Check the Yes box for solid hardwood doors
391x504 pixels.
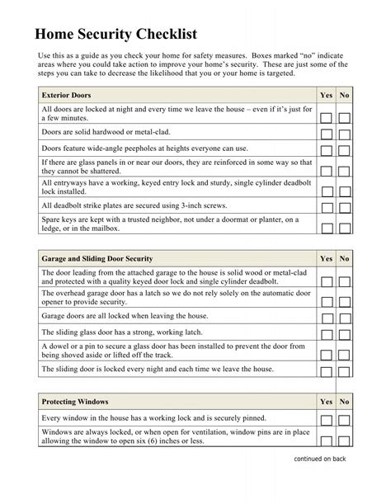point(327,133)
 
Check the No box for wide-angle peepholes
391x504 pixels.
point(344,149)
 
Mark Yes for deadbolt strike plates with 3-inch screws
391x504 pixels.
point(327,206)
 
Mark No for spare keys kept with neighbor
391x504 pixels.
point(344,226)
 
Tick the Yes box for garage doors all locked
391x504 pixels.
point(327,318)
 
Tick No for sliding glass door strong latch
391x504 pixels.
point(344,334)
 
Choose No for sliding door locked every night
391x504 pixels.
point(344,370)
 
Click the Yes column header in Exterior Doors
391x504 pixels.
point(326,96)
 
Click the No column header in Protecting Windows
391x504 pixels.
point(344,402)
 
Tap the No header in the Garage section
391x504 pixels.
point(344,259)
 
